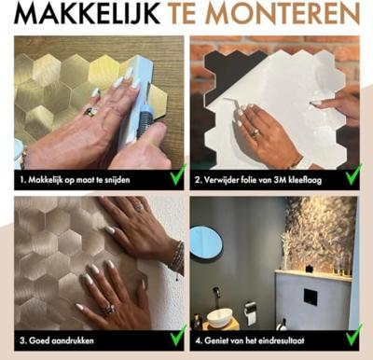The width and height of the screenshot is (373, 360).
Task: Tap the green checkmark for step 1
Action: click(170, 173)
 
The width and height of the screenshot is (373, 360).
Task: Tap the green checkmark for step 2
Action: click(352, 173)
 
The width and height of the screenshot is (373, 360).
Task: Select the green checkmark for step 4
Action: click(352, 336)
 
